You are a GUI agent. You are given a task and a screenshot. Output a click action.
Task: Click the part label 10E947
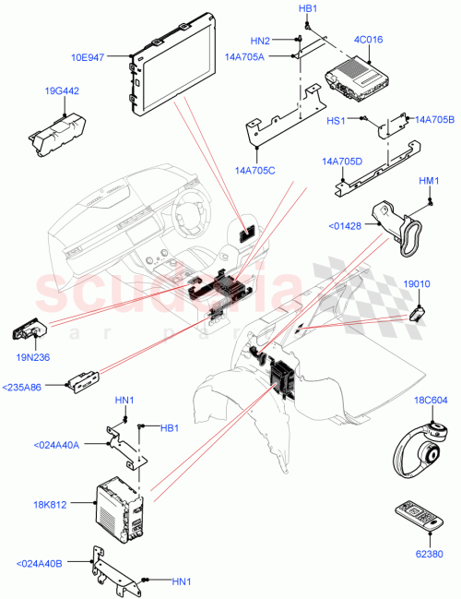click(x=109, y=56)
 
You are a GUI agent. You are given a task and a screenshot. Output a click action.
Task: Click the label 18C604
click(x=430, y=401)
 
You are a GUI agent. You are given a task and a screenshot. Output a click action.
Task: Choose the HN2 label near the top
click(x=261, y=41)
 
